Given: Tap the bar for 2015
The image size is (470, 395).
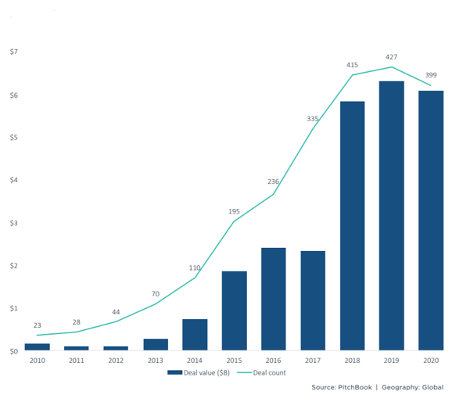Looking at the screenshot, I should [234, 311].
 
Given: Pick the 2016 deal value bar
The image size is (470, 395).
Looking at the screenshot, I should [273, 299].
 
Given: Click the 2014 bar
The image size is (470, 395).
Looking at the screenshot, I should [195, 334].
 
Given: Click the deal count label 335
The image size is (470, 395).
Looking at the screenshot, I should [312, 119].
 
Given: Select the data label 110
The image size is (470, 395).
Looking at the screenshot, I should [195, 268].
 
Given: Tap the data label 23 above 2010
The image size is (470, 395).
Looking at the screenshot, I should [38, 325].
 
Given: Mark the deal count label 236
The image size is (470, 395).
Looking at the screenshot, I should [273, 181].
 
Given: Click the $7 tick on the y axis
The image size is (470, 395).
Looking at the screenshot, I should [13, 52].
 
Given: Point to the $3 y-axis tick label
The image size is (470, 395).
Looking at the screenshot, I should [13, 223].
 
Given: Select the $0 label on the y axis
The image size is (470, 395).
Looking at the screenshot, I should [13, 351].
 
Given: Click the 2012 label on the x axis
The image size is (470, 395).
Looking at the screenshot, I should [116, 361].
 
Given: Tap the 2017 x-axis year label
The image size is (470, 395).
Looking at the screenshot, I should [312, 361].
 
